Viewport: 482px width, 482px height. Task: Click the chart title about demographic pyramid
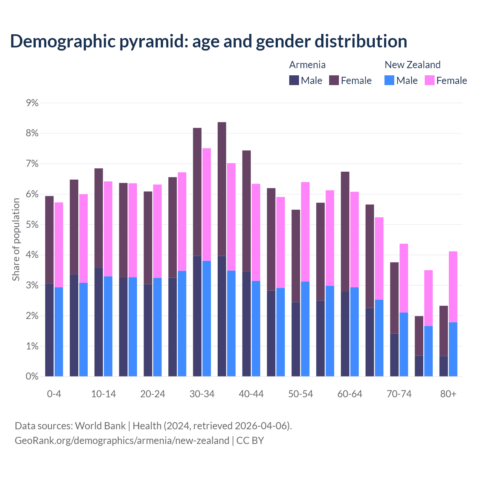click(x=209, y=41)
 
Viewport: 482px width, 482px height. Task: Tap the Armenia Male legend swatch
click(x=294, y=80)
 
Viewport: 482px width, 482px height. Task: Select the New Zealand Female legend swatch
click(x=429, y=80)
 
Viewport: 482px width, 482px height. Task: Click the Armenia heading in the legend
click(x=307, y=65)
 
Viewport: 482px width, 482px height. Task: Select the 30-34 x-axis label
click(x=202, y=394)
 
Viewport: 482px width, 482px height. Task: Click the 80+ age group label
click(x=448, y=394)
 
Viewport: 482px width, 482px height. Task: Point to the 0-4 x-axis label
click(x=54, y=394)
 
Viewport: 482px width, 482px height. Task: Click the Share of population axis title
click(x=16, y=239)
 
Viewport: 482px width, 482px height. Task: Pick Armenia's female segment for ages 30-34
click(x=197, y=192)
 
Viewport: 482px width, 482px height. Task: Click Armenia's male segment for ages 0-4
click(x=49, y=330)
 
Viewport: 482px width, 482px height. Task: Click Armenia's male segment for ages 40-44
click(x=247, y=324)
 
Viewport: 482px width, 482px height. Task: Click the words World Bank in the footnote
click(x=100, y=426)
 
